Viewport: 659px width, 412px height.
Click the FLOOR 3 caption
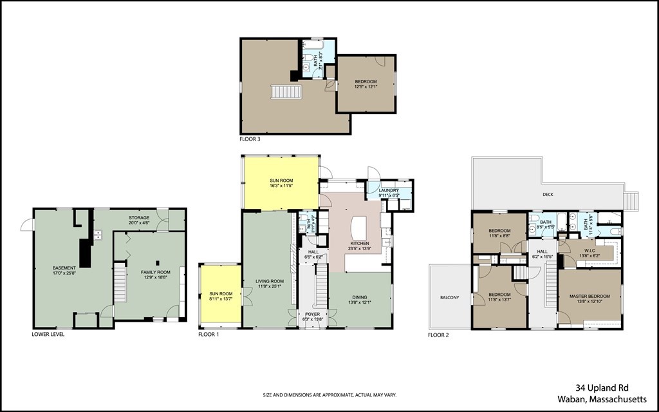(x=250, y=139)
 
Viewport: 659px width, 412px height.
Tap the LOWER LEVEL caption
(x=48, y=335)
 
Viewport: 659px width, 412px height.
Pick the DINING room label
(x=359, y=299)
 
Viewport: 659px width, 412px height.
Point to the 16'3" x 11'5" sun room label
(x=281, y=182)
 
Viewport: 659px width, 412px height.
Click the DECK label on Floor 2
(x=548, y=194)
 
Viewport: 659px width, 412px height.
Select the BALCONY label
(x=449, y=297)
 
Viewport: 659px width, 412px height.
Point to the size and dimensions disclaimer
(x=328, y=395)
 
